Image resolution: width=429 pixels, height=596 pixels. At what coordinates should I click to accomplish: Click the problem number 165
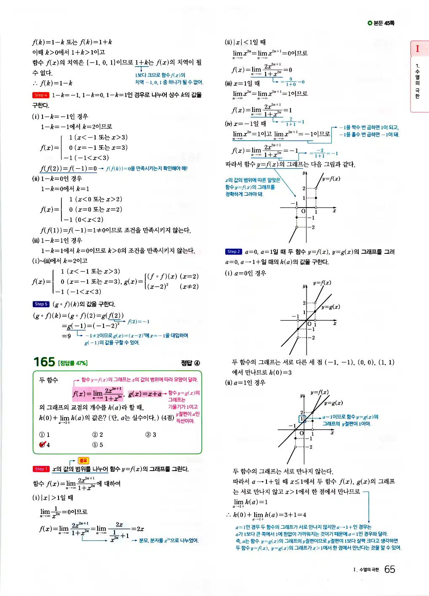44,362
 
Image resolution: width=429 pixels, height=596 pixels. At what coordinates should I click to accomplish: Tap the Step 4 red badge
41,95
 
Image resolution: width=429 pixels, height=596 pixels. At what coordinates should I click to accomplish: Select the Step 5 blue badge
41,304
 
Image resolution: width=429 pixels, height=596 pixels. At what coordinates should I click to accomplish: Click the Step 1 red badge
41,469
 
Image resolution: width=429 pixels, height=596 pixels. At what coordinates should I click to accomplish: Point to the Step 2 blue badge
234,252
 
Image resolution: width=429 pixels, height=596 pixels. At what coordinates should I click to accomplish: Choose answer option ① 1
45,435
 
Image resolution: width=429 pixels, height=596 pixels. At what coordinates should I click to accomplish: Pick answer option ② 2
98,435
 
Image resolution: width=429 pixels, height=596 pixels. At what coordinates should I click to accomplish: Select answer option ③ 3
151,435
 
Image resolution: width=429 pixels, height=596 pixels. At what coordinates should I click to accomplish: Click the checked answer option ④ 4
45,445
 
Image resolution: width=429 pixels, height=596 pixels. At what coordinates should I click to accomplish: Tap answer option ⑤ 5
98,445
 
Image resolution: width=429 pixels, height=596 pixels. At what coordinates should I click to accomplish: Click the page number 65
390,569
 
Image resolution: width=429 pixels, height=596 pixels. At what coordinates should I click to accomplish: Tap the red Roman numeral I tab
418,48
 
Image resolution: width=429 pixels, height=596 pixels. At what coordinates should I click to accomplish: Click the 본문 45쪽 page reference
381,23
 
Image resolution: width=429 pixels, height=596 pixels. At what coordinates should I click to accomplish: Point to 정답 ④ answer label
190,363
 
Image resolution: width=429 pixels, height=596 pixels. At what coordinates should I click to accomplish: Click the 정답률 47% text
73,363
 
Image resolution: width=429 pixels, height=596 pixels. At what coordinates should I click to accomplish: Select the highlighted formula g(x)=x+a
145,394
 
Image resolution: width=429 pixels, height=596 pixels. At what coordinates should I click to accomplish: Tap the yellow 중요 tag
83,460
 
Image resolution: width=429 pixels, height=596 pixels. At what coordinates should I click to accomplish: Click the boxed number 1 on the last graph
302,419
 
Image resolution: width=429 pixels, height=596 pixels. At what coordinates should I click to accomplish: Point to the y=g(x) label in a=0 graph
331,307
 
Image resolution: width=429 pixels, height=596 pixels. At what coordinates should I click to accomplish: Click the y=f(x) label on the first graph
331,178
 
